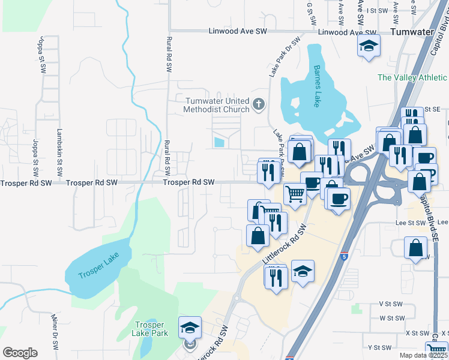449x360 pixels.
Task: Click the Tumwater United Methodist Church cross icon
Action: (x=259, y=105)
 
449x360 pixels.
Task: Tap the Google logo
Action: (x=20, y=353)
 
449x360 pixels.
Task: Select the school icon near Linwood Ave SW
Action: (x=369, y=47)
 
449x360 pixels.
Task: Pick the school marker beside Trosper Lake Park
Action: (x=190, y=328)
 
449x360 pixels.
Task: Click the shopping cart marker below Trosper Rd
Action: (x=295, y=194)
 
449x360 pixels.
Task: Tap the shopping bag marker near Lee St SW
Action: (x=415, y=248)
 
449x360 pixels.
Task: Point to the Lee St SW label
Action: (x=406, y=222)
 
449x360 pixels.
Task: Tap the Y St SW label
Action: (x=379, y=347)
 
